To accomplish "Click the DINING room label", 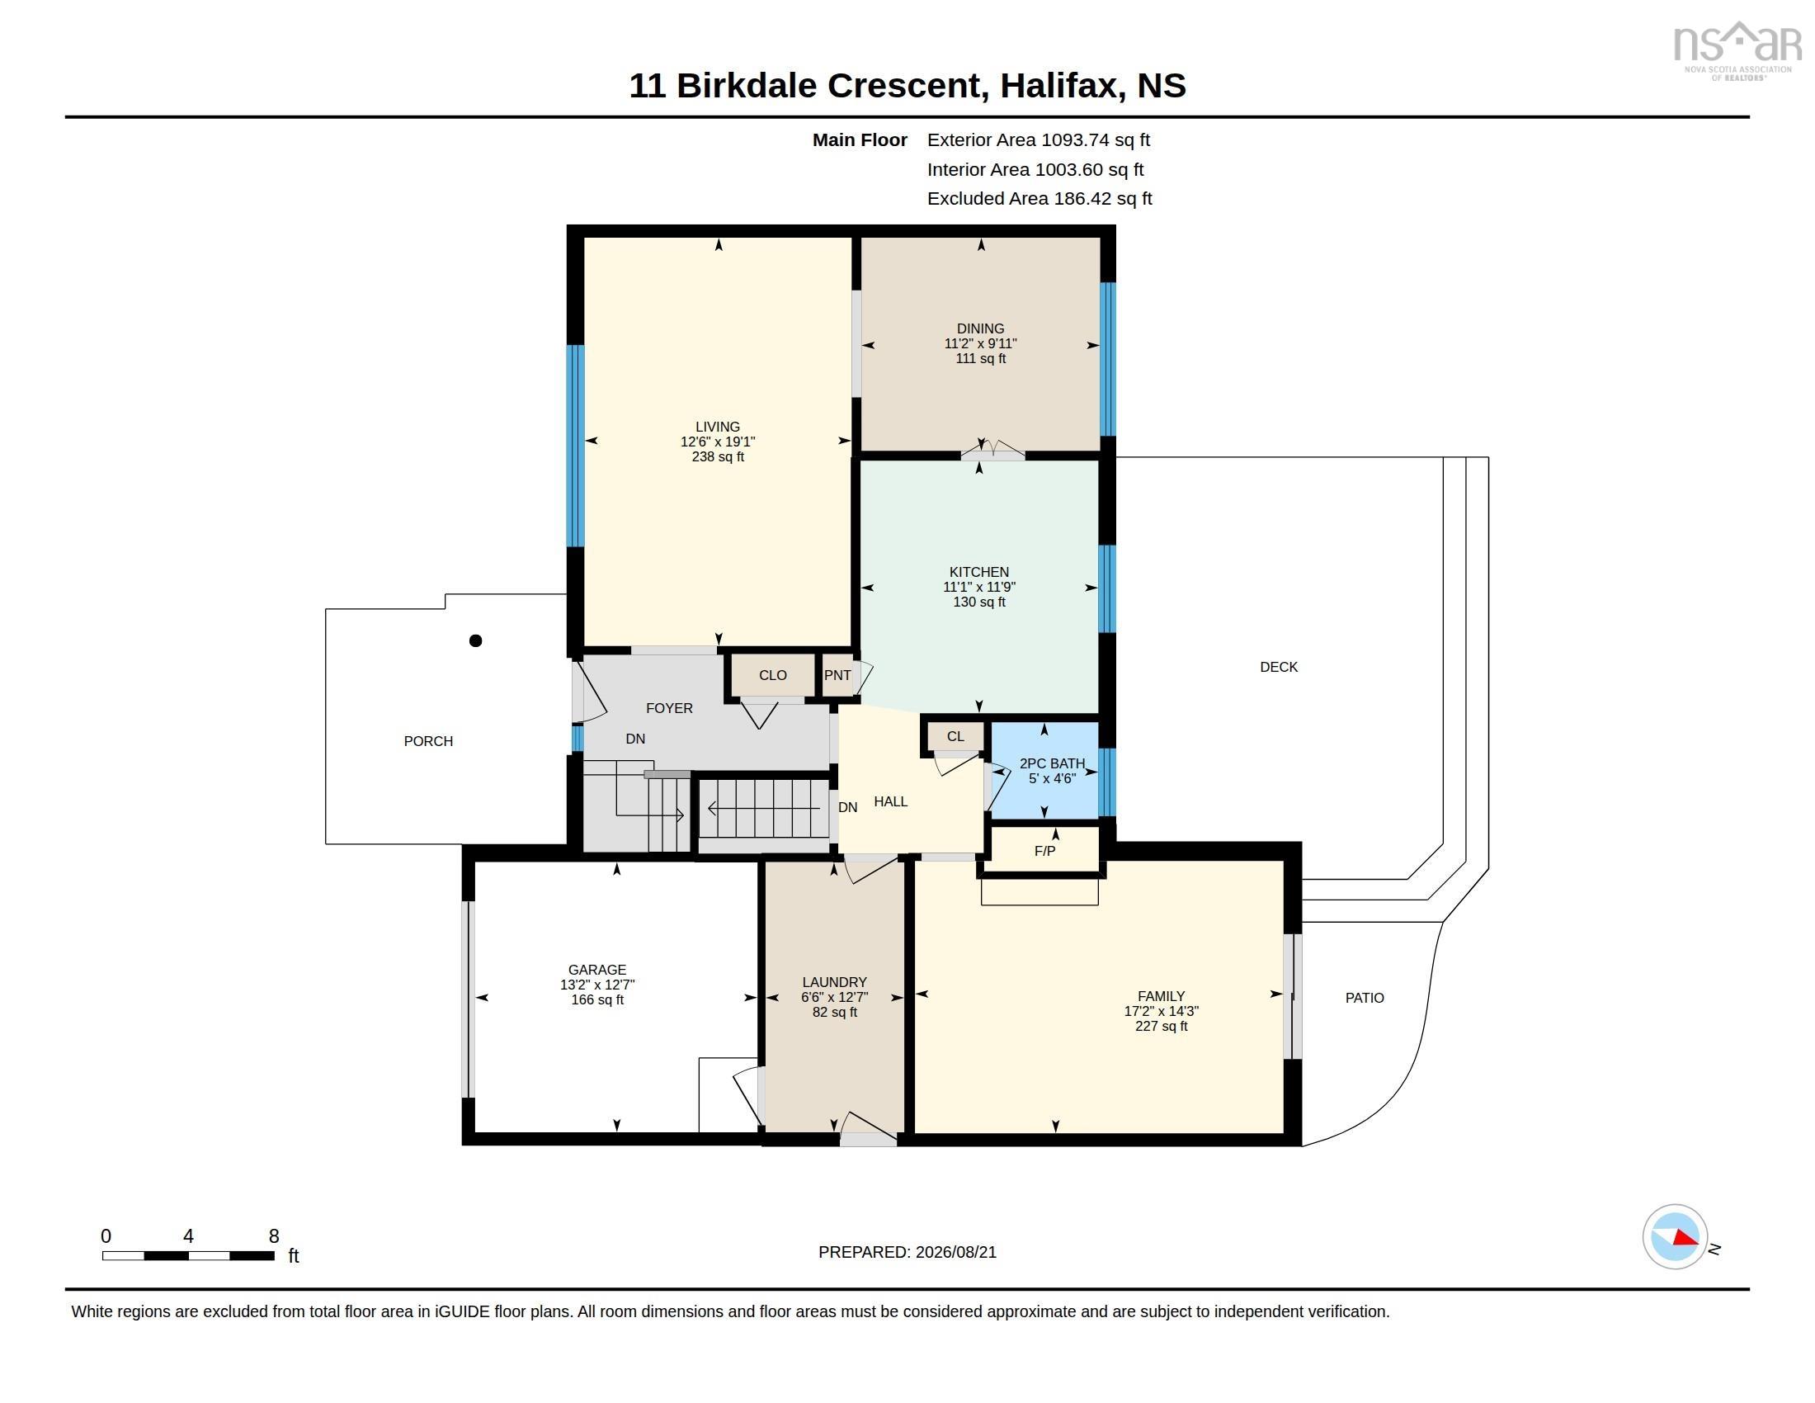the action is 980,328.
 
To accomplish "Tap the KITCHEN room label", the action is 979,572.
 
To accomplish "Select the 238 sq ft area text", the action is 718,456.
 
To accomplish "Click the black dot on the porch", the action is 475,640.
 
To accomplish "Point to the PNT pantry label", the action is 837,675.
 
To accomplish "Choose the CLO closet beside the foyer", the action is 773,675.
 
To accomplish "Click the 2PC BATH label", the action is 1052,763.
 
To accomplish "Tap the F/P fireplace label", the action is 1044,851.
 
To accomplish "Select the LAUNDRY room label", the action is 834,981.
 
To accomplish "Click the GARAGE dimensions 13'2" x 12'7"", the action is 596,984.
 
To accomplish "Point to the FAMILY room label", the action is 1161,996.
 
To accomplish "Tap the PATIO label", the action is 1365,998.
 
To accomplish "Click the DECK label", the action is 1278,667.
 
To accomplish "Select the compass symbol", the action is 1675,1236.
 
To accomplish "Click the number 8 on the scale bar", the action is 273,1236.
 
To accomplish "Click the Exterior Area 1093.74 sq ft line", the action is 1038,139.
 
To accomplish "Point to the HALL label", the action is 890,801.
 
